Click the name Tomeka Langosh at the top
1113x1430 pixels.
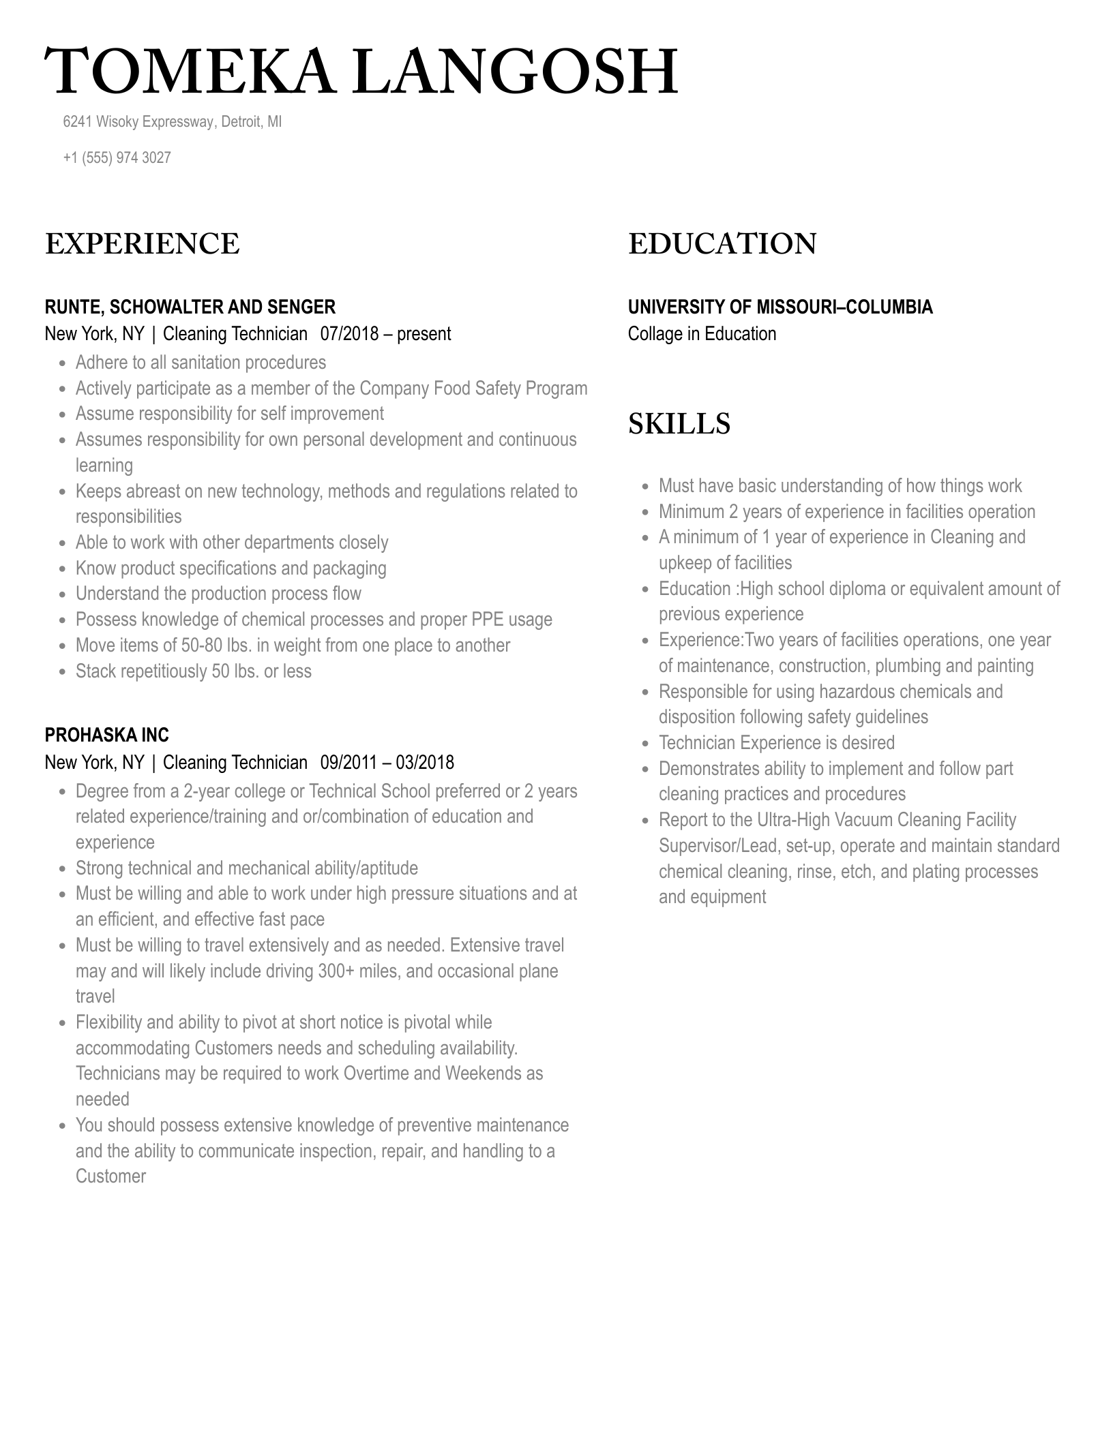pos(361,72)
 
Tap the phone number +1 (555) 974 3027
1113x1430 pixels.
pos(117,157)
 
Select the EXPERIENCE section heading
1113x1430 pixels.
pos(142,244)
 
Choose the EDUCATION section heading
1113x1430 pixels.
pos(722,244)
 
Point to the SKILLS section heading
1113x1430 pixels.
pos(679,423)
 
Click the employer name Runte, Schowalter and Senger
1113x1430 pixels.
pos(190,307)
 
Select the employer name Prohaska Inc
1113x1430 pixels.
pos(106,735)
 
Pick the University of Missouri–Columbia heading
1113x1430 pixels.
pos(780,307)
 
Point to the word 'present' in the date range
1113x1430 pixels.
pos(424,334)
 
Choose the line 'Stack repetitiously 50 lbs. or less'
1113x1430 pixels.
pos(193,671)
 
